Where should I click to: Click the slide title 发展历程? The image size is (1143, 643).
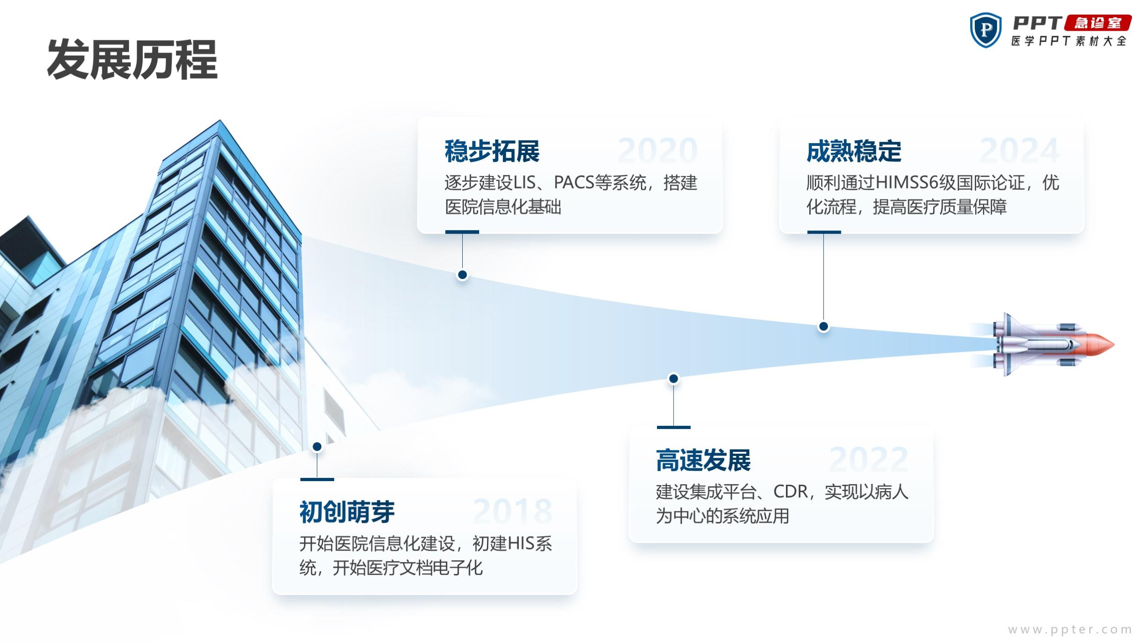pyautogui.click(x=132, y=60)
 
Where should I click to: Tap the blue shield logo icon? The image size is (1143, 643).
pyautogui.click(x=985, y=30)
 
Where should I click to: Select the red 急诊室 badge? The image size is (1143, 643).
pyautogui.click(x=1098, y=23)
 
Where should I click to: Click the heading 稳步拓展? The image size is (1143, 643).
pyautogui.click(x=492, y=151)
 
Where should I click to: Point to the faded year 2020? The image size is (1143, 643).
pyautogui.click(x=657, y=150)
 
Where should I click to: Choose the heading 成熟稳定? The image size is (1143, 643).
pyautogui.click(x=854, y=151)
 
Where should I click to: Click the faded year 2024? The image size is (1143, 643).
pyautogui.click(x=1020, y=150)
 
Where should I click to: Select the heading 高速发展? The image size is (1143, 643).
pyautogui.click(x=703, y=460)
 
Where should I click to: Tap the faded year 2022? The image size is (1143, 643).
pyautogui.click(x=868, y=460)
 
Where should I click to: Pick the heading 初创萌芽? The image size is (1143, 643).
pyautogui.click(x=347, y=512)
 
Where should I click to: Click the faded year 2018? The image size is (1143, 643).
pyautogui.click(x=513, y=511)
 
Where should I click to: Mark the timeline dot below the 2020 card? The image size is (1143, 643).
pyautogui.click(x=462, y=275)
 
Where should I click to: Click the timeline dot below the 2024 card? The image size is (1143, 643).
pyautogui.click(x=823, y=327)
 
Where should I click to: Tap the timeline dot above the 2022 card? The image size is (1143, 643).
pyautogui.click(x=673, y=379)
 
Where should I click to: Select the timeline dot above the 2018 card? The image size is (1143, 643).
pyautogui.click(x=317, y=446)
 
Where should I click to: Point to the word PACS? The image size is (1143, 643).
pyautogui.click(x=574, y=183)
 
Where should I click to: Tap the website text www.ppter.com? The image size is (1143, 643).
pyautogui.click(x=1070, y=630)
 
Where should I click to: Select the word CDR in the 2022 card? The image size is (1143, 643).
pyautogui.click(x=790, y=492)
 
